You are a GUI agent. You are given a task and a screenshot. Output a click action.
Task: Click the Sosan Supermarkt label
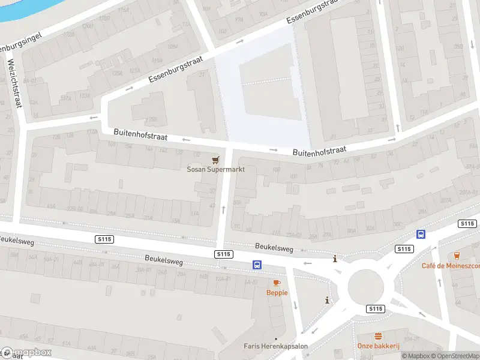(x=215, y=169)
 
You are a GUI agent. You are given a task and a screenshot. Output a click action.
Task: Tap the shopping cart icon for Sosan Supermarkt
(x=215, y=160)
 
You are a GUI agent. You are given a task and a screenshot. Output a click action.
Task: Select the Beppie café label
(x=277, y=292)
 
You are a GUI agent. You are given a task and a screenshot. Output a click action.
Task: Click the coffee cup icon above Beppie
(x=277, y=283)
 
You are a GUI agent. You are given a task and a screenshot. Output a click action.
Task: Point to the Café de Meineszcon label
(x=450, y=266)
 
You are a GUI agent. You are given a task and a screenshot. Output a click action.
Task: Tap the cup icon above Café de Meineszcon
(x=458, y=256)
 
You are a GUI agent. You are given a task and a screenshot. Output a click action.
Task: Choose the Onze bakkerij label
(x=378, y=346)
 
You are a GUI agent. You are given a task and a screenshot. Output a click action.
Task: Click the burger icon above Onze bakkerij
(x=379, y=336)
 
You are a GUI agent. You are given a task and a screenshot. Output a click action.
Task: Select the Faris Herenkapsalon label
(x=275, y=346)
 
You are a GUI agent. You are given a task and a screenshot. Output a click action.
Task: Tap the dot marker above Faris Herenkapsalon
(x=276, y=338)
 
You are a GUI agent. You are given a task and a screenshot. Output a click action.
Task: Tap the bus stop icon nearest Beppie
(x=257, y=265)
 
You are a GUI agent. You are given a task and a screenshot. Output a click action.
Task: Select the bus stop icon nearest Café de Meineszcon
(x=421, y=235)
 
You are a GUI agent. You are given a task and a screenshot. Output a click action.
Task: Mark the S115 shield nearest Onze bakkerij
(x=375, y=308)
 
